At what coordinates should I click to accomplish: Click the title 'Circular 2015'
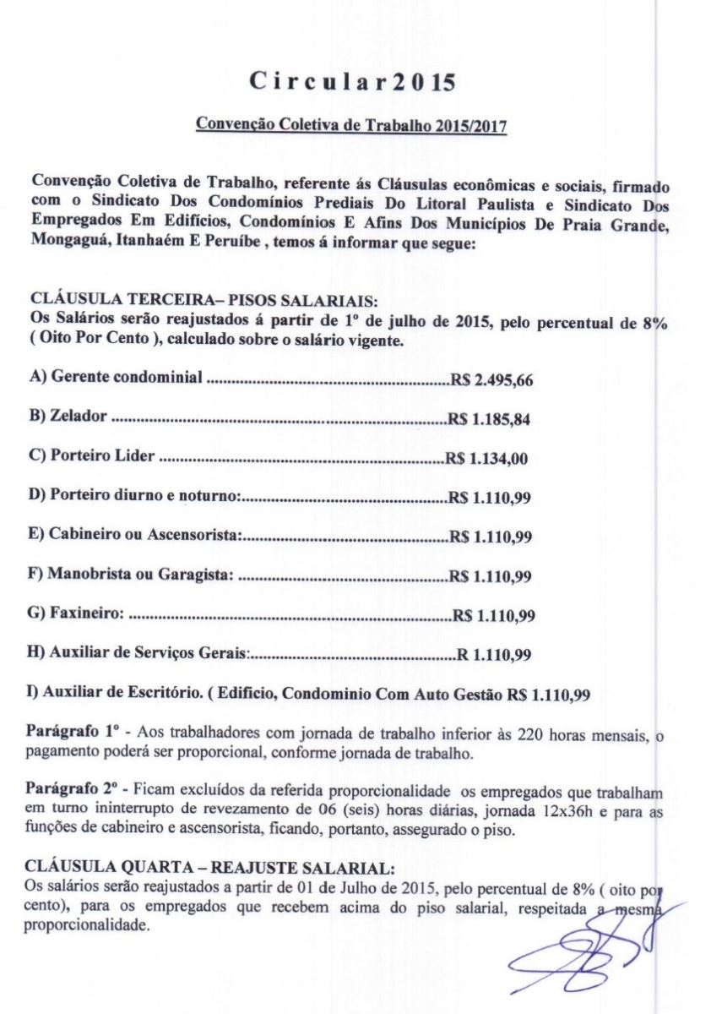click(352, 83)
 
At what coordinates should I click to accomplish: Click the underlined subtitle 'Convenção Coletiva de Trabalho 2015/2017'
click(351, 125)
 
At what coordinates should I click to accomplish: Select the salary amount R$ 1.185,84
click(489, 418)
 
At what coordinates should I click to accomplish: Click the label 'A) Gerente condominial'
click(116, 377)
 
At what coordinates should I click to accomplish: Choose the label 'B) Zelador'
click(68, 417)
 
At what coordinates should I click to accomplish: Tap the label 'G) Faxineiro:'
click(77, 614)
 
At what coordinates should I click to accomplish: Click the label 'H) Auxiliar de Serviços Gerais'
click(138, 653)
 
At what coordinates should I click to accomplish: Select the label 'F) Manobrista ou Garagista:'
click(131, 575)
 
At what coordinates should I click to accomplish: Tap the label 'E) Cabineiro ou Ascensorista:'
click(136, 536)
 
